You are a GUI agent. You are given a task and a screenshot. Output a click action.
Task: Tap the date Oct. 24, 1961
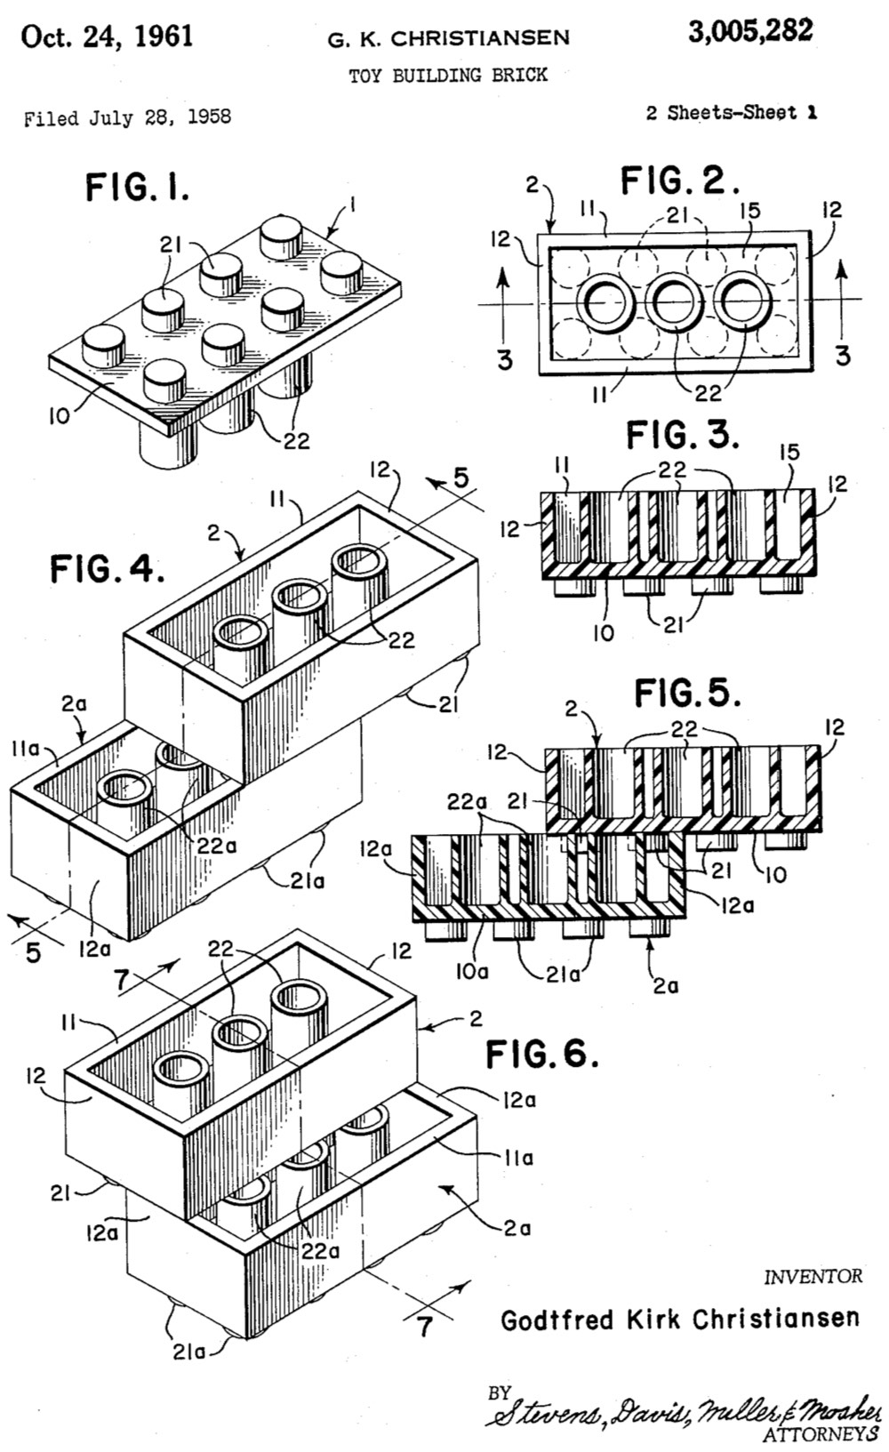click(x=107, y=36)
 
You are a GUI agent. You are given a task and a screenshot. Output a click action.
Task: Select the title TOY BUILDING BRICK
click(x=447, y=76)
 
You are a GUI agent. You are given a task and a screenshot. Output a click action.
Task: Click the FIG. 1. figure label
click(x=137, y=188)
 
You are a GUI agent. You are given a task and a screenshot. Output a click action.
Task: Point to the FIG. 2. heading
click(x=680, y=182)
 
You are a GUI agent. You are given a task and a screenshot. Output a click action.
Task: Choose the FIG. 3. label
click(x=682, y=436)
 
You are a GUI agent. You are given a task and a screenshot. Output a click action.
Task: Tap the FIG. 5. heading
click(x=687, y=693)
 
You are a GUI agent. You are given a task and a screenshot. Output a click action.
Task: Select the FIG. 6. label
click(x=541, y=1055)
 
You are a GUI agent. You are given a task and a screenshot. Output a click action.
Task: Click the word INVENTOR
click(x=813, y=1277)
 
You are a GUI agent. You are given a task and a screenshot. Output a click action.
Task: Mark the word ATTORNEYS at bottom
click(x=821, y=1433)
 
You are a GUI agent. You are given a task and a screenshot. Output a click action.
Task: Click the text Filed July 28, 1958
click(x=127, y=117)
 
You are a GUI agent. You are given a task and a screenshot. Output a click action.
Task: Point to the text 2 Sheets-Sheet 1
click(x=731, y=113)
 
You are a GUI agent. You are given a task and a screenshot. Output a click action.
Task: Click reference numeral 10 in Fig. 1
click(x=59, y=415)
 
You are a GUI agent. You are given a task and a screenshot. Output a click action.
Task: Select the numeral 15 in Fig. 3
click(x=789, y=453)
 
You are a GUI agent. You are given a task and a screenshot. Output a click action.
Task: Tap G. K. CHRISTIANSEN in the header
click(x=449, y=38)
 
